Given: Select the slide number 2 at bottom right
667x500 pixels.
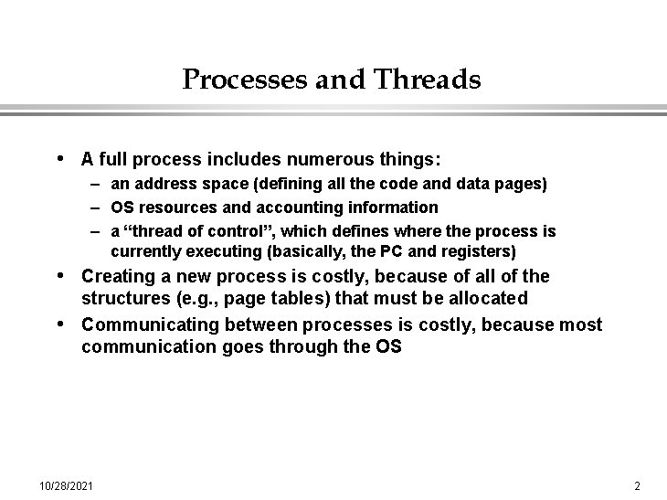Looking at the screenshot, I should click(637, 484).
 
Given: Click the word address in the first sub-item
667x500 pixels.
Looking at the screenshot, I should click(161, 185).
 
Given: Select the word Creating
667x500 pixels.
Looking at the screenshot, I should click(116, 276).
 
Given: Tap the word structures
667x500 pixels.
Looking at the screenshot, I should click(124, 299).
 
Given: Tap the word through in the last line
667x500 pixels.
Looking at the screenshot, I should click(298, 347).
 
